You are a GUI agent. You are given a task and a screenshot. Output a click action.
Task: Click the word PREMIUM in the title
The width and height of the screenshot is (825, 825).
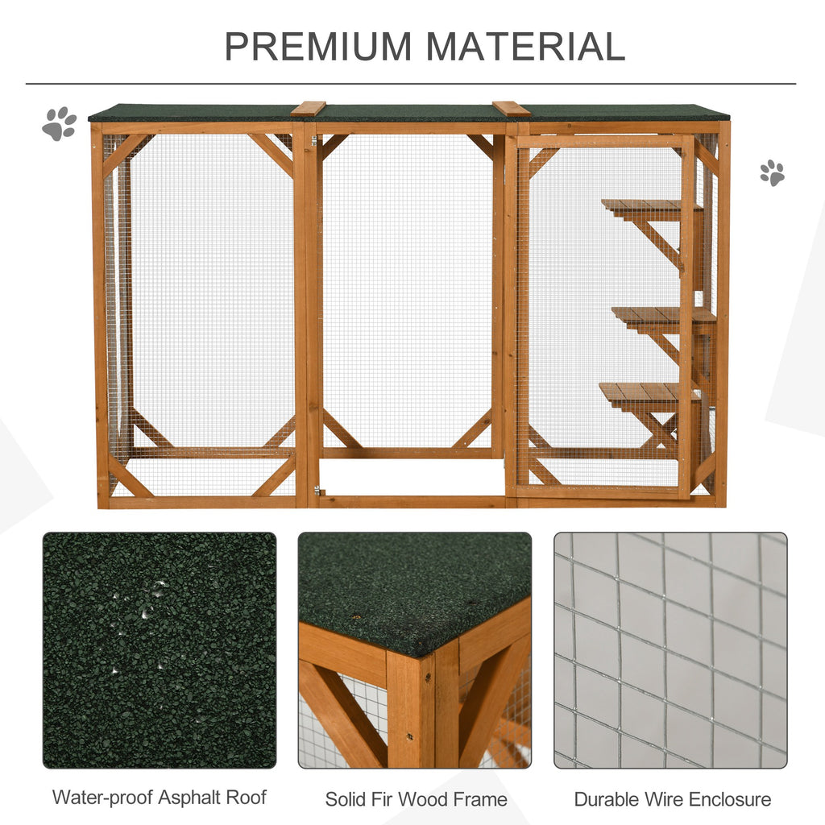coord(317,46)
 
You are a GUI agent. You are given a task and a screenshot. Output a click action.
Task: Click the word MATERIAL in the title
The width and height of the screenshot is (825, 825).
coord(525,46)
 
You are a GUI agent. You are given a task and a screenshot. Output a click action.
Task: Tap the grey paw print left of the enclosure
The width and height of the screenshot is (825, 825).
coord(60,123)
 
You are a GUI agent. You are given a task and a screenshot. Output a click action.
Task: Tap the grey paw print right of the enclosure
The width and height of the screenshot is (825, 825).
coord(772,172)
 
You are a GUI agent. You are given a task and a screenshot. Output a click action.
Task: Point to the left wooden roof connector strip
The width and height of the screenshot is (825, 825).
coord(309,109)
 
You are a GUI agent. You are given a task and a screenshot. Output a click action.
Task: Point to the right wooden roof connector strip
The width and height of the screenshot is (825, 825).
coord(512,109)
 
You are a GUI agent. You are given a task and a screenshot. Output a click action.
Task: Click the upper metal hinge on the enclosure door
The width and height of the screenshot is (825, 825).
coord(314,141)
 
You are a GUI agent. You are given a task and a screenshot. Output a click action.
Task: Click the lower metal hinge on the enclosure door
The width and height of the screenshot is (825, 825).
coord(317,491)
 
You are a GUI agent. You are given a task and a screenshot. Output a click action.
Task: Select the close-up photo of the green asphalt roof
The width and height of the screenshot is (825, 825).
coord(160,650)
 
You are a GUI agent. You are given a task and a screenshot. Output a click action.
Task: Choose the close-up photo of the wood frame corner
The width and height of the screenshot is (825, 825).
coord(415,650)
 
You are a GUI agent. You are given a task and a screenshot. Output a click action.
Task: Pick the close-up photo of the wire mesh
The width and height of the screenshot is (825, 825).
coord(671,650)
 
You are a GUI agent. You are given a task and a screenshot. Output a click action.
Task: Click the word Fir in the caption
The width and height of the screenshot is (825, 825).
coord(381,799)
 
